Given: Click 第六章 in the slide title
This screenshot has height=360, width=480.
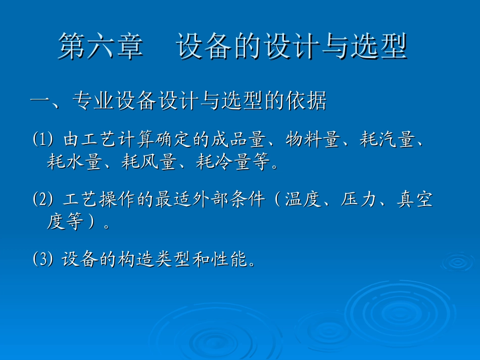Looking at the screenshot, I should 101,47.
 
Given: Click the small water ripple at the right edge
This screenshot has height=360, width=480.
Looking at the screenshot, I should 458,262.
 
